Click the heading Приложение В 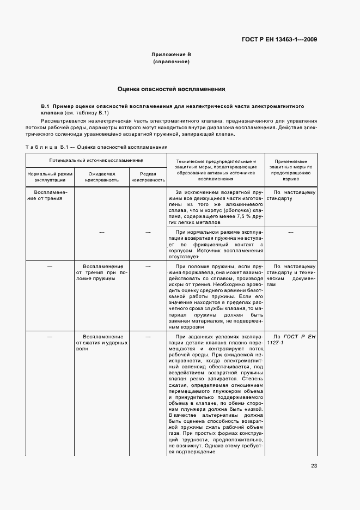point(171,55)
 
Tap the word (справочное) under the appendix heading point(171,62)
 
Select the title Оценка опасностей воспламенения point(171,89)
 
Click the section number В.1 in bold point(46,106)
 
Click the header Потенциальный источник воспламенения point(96,161)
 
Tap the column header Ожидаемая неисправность point(102,176)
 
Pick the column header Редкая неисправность point(148,176)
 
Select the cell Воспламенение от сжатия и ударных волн point(102,343)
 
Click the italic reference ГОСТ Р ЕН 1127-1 point(291,341)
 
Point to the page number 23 point(314,465)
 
